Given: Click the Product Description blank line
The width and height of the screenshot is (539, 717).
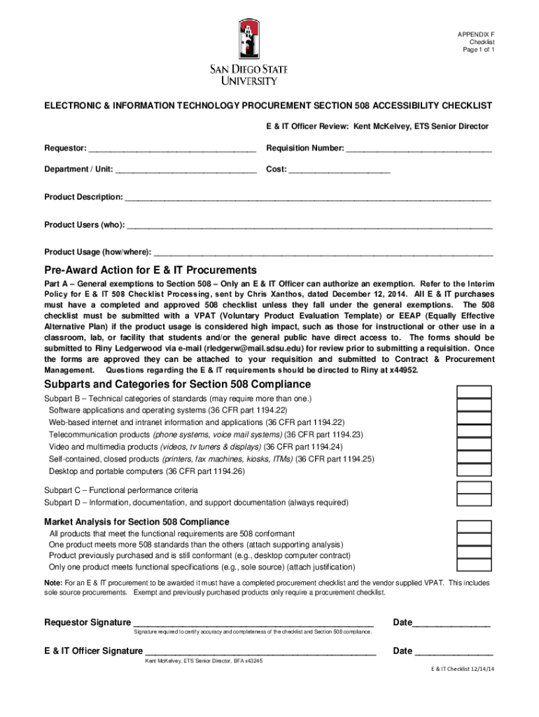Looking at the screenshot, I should [307, 198].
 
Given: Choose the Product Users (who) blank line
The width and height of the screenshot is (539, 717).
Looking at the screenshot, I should [309, 226].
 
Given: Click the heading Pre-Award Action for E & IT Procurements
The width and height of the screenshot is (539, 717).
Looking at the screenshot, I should [150, 271].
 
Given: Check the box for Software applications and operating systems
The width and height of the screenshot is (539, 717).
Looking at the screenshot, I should [474, 405].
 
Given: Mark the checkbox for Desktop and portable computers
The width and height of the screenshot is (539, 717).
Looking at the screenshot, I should [474, 471].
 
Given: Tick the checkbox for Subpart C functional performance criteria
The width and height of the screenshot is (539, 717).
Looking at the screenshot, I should [474, 489].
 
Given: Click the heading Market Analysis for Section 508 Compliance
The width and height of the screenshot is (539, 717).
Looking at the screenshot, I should [136, 522].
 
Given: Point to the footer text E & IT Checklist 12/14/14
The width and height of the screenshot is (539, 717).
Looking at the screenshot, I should [462, 669].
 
